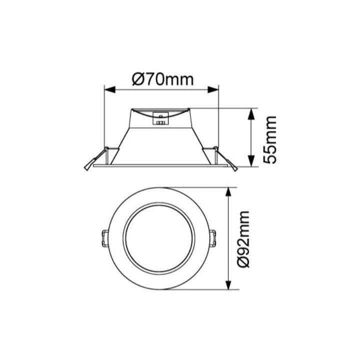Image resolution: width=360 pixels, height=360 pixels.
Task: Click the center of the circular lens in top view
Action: click(x=159, y=238)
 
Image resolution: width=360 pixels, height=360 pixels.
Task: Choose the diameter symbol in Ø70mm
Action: click(x=138, y=78)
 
